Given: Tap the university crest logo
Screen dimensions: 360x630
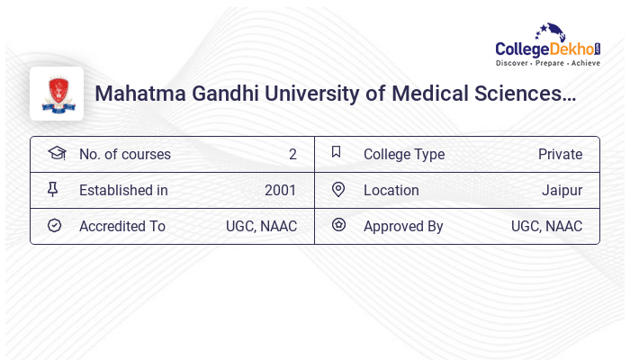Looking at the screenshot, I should pyautogui.click(x=57, y=94).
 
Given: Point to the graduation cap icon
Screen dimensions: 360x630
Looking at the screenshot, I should pyautogui.click(x=57, y=153).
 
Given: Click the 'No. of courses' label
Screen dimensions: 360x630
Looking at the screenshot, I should pyautogui.click(x=124, y=154).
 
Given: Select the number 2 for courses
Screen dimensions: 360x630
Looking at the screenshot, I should pyautogui.click(x=292, y=154).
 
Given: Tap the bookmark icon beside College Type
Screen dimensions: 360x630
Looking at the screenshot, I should pyautogui.click(x=337, y=152).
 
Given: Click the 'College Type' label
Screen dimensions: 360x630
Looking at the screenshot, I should pyautogui.click(x=403, y=154).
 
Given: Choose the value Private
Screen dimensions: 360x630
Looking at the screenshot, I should pyautogui.click(x=560, y=154).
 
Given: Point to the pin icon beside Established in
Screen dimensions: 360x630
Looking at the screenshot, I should pyautogui.click(x=52, y=189).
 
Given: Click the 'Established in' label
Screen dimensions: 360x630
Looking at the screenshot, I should pyautogui.click(x=123, y=190).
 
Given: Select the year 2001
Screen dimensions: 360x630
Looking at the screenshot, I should pyautogui.click(x=280, y=190).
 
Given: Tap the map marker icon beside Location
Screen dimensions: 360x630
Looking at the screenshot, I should pyautogui.click(x=338, y=189).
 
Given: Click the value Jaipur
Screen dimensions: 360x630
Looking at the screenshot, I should pyautogui.click(x=562, y=190).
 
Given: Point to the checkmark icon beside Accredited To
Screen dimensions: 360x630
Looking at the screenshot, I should pyautogui.click(x=54, y=225).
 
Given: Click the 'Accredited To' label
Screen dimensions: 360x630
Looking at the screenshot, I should pyautogui.click(x=121, y=226).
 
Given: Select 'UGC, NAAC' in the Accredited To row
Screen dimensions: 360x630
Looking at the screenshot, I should pyautogui.click(x=261, y=226).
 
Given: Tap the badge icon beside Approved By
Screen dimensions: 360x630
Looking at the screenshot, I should pyautogui.click(x=338, y=225).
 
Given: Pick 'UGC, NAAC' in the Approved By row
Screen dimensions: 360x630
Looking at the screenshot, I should pyautogui.click(x=546, y=226).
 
